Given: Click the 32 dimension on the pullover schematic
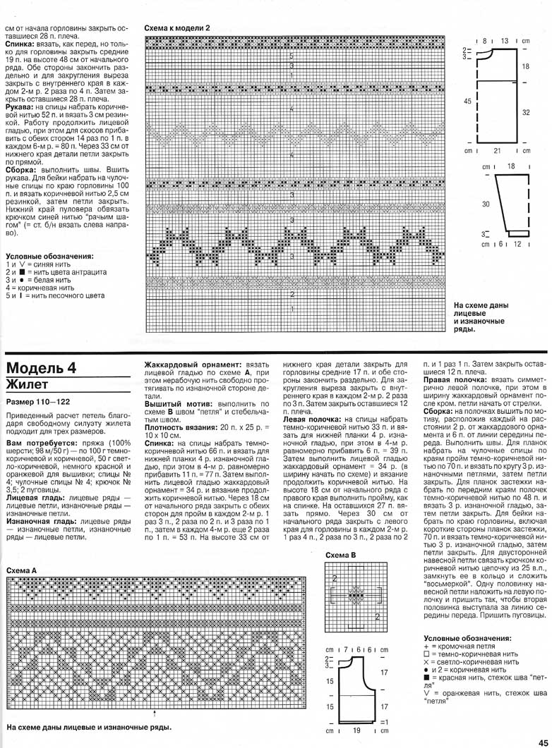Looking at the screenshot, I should point(525,112).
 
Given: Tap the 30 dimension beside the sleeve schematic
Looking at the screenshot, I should point(486,203).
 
